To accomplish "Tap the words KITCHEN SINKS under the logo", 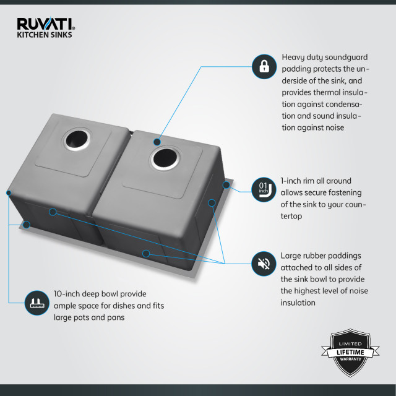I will (x=44, y=35).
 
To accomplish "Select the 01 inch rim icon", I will (x=264, y=187).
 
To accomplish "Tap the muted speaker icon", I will (x=264, y=265).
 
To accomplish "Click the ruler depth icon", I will (x=35, y=303).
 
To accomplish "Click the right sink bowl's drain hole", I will (x=165, y=157).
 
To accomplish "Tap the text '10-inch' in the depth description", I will (x=66, y=293).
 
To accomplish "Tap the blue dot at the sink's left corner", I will (x=9, y=193).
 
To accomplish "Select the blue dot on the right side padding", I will (x=212, y=202).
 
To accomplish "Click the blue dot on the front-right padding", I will (x=145, y=252).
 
